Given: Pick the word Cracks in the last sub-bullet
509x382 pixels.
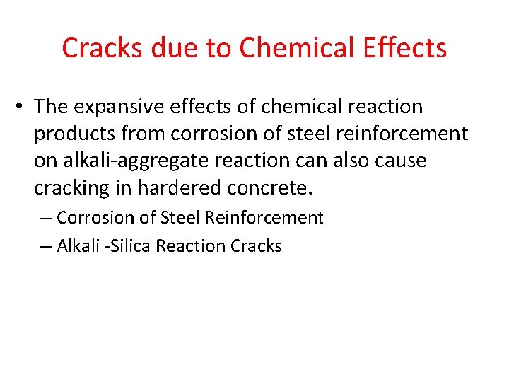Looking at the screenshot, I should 256,246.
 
